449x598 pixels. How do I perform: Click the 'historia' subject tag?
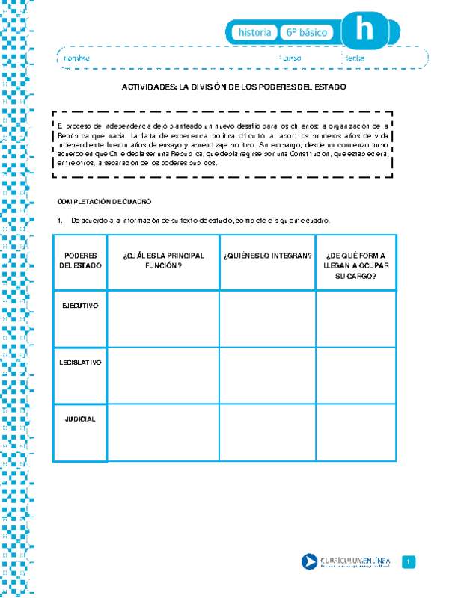click(x=254, y=33)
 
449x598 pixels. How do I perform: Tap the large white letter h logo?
click(x=364, y=31)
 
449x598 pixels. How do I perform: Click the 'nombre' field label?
click(x=76, y=58)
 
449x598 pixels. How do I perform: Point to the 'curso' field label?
click(x=292, y=58)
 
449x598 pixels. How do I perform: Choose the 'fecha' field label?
click(x=355, y=58)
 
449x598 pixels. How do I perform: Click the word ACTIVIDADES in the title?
click(x=149, y=87)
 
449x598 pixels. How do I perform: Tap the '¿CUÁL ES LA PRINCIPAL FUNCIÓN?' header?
click(x=163, y=260)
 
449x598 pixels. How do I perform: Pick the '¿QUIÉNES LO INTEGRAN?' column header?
click(x=267, y=256)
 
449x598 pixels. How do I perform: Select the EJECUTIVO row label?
click(x=80, y=305)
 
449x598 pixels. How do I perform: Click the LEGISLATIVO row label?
click(x=80, y=362)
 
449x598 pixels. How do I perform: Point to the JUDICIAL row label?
click(x=80, y=419)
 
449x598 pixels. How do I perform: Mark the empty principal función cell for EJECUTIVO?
click(x=163, y=318)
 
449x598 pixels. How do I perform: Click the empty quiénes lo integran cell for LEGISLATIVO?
click(x=267, y=375)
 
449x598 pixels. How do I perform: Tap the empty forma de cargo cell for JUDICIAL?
click(x=356, y=432)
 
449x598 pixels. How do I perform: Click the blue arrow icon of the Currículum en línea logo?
click(x=308, y=562)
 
